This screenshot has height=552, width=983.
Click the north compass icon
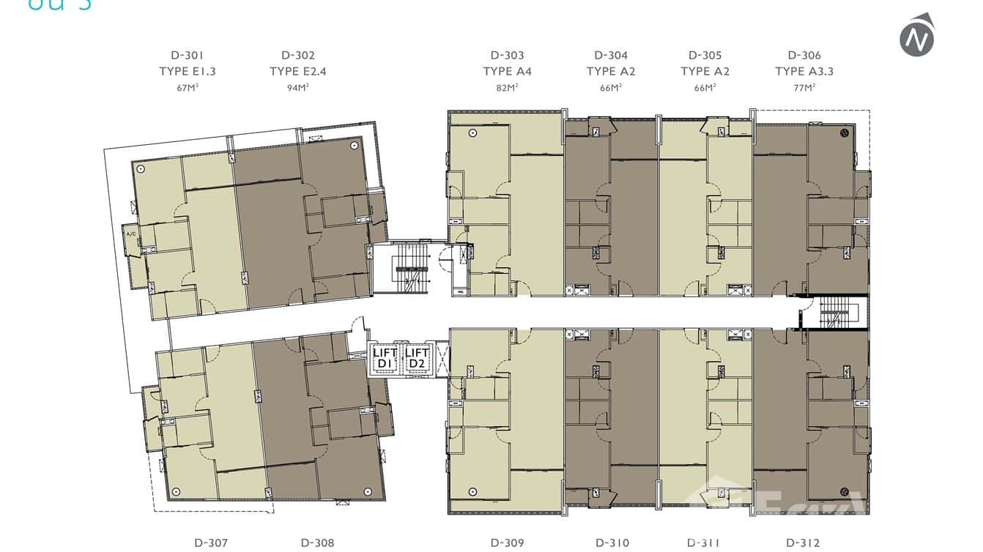point(916,37)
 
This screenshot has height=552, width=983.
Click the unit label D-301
point(187,55)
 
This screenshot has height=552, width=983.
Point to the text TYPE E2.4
point(297,71)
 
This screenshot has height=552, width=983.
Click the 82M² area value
point(507,87)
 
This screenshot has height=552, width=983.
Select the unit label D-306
point(804,55)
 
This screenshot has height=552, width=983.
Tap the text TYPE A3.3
point(804,71)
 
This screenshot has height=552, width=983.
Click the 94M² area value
point(297,87)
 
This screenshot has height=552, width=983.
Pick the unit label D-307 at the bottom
point(211,542)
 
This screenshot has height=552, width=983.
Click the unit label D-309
point(507,542)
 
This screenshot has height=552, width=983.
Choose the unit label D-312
point(803,542)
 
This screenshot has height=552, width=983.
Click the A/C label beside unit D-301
point(131,234)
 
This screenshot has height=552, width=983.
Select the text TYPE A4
point(507,71)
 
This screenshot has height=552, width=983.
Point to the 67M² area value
point(187,87)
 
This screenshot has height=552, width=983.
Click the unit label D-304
point(611,55)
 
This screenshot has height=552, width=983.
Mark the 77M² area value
point(804,87)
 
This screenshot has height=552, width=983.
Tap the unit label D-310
point(612,542)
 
